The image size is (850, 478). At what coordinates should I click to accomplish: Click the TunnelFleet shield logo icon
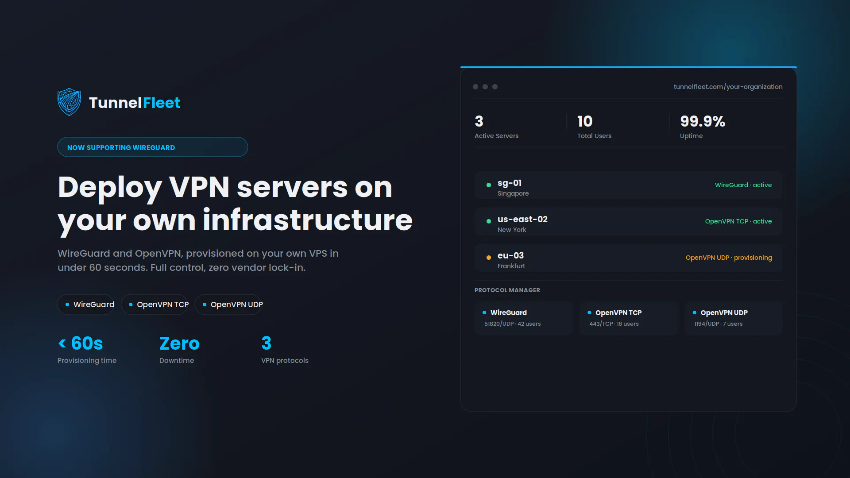tap(69, 102)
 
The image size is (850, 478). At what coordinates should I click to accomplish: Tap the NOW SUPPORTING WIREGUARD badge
tap(153, 147)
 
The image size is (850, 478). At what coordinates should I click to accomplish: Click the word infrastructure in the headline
tap(308, 220)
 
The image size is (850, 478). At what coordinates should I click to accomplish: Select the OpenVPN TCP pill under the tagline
tap(155, 305)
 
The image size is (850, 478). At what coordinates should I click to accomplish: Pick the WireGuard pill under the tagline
tap(86, 305)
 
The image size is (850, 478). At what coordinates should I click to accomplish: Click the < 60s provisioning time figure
tap(81, 343)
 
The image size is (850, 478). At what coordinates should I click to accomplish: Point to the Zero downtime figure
tap(179, 343)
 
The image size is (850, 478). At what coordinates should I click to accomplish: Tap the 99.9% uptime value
tap(703, 121)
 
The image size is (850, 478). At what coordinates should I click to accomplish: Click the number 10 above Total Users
tap(585, 121)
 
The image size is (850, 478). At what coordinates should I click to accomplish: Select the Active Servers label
tap(496, 136)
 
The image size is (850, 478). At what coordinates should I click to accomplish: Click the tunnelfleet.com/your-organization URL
tap(728, 87)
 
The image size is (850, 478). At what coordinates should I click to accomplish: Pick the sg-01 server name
tap(510, 183)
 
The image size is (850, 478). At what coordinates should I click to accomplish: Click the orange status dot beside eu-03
tap(489, 258)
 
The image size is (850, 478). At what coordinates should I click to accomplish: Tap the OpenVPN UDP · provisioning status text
tap(729, 258)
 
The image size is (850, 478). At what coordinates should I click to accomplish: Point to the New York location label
tap(512, 230)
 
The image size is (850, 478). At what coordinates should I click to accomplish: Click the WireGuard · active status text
tap(743, 185)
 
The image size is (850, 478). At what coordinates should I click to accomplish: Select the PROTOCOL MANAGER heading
tap(507, 290)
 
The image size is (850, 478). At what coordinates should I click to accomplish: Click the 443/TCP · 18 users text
tap(614, 324)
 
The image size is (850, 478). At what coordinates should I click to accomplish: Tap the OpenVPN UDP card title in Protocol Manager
tap(724, 313)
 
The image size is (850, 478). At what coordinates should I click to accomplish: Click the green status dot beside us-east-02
tap(489, 221)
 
